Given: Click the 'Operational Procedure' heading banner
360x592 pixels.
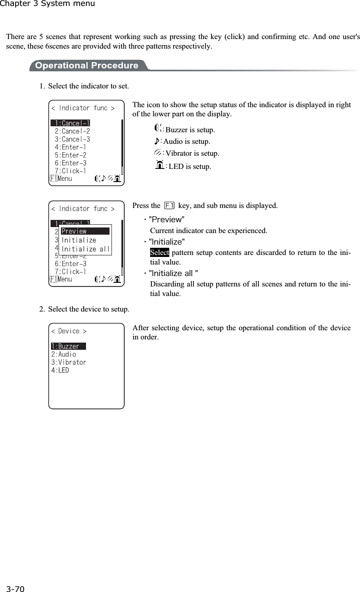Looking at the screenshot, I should [86, 65].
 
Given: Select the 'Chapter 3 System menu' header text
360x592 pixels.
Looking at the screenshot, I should [47, 4].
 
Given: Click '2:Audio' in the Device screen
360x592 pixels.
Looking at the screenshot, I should [64, 354].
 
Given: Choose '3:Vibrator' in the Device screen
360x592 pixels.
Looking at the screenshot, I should [68, 362].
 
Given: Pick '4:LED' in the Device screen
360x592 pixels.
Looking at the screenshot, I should [60, 370].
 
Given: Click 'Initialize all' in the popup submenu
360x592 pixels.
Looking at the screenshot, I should [86, 249].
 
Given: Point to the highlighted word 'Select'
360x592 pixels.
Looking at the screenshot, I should [159, 253].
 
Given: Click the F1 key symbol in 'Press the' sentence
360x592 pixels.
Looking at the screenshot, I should [169, 206].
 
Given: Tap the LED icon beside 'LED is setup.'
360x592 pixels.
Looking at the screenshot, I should [160, 165].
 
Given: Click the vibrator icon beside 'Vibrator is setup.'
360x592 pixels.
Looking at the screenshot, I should [158, 153].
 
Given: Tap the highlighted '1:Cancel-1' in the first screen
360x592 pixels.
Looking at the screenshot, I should [71, 123].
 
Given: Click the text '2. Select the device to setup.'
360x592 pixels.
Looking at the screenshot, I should [84, 309].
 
